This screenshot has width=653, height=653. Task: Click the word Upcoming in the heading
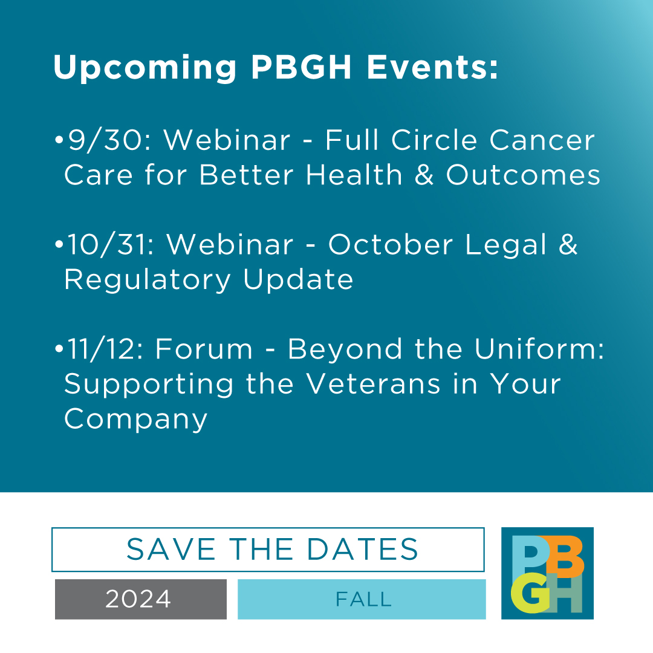pos(145,68)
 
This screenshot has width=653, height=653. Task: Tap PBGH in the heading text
pos(301,67)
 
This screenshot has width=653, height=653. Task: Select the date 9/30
pos(106,140)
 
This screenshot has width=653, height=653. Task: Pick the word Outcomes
pos(524,175)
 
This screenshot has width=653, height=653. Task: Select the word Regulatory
pos(148,280)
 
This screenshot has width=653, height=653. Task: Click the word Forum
pos(204,349)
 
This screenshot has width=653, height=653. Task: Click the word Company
pos(136,419)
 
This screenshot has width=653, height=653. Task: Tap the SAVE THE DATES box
pos(268,550)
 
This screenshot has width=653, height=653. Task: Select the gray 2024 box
pos(140,599)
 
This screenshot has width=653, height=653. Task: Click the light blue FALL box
pos(362,599)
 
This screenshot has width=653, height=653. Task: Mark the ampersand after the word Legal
pos(568,245)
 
